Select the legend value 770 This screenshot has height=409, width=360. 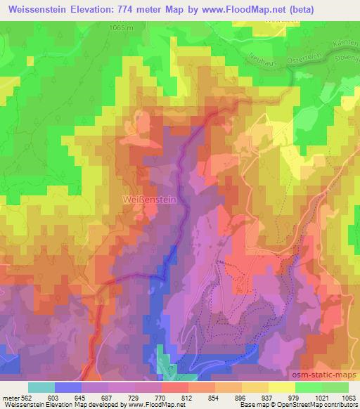[x=161, y=397]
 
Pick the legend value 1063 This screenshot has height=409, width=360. [x=348, y=397]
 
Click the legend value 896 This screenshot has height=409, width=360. [x=241, y=397]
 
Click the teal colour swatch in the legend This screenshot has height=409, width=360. [x=41, y=387]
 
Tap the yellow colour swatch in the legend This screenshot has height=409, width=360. [x=281, y=387]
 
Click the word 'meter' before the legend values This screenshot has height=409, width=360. [x=10, y=397]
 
